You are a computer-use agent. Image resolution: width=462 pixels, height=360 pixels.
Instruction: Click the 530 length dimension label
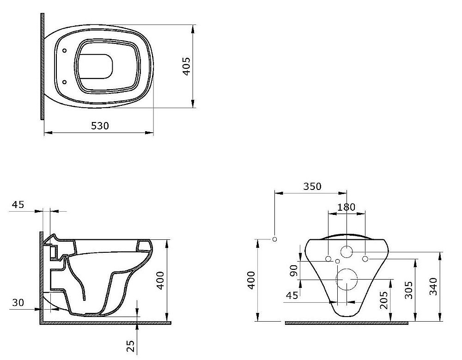[100, 126]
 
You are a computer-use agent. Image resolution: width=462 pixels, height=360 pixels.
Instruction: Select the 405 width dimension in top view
[187, 67]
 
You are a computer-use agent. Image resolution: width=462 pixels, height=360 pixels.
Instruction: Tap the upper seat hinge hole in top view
[65, 50]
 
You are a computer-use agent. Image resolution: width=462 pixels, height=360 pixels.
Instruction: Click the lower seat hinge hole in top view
[65, 82]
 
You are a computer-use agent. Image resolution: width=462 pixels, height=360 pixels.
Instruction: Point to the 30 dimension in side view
[18, 303]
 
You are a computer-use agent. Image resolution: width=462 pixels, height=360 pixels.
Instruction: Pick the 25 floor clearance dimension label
[131, 346]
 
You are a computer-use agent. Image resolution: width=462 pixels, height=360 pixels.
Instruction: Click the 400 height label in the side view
[160, 281]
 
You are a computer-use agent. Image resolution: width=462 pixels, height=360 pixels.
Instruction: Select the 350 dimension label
[312, 186]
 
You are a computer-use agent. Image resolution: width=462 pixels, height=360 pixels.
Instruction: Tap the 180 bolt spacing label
[346, 207]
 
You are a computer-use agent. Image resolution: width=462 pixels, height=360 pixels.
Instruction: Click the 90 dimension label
[293, 271]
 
